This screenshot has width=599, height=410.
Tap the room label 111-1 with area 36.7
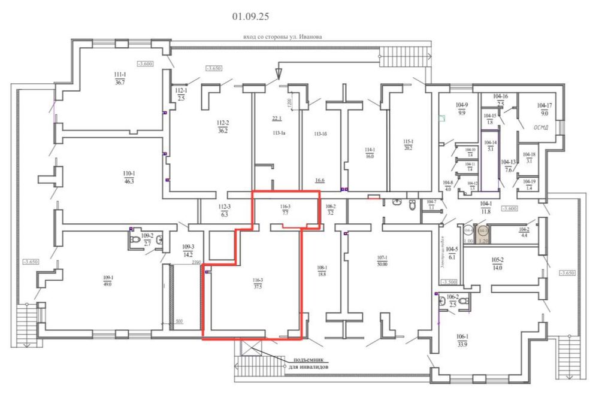tap(120, 75)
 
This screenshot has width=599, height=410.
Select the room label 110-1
tap(128, 173)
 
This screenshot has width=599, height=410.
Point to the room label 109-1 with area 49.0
tap(108, 278)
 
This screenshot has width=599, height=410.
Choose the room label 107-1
tap(382, 259)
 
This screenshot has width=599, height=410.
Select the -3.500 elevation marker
tap(449, 282)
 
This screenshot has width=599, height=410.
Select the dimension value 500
tap(179, 321)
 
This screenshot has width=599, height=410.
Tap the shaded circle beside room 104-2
tap(484, 230)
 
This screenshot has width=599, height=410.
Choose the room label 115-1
tap(409, 141)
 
